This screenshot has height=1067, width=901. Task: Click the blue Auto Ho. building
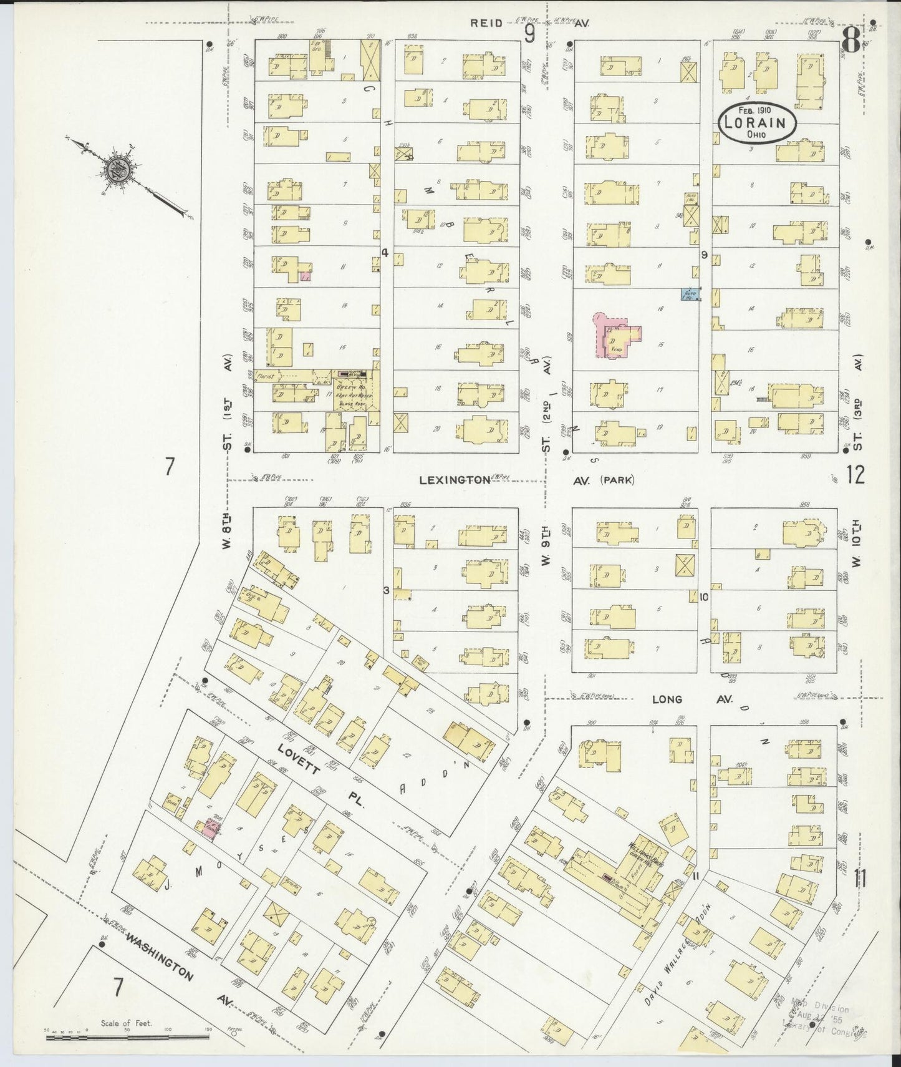(689, 294)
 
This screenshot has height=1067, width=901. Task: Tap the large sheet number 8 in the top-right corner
(848, 42)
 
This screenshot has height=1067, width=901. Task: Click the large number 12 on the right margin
(855, 476)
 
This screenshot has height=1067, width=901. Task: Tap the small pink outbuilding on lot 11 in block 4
(306, 275)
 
